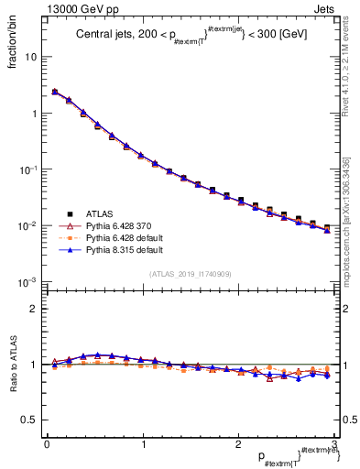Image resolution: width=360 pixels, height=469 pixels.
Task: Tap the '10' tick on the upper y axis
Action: point(30,57)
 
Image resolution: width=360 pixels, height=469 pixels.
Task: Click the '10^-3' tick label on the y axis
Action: point(28,282)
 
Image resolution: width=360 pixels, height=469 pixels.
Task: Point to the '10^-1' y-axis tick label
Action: point(28,169)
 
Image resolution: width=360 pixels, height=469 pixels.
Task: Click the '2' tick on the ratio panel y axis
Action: point(35,309)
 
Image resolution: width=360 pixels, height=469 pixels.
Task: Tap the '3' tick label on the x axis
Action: point(334,444)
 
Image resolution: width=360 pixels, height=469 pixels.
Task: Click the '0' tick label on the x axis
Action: point(47,444)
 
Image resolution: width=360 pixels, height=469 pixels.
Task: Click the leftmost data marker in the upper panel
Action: point(55,92)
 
